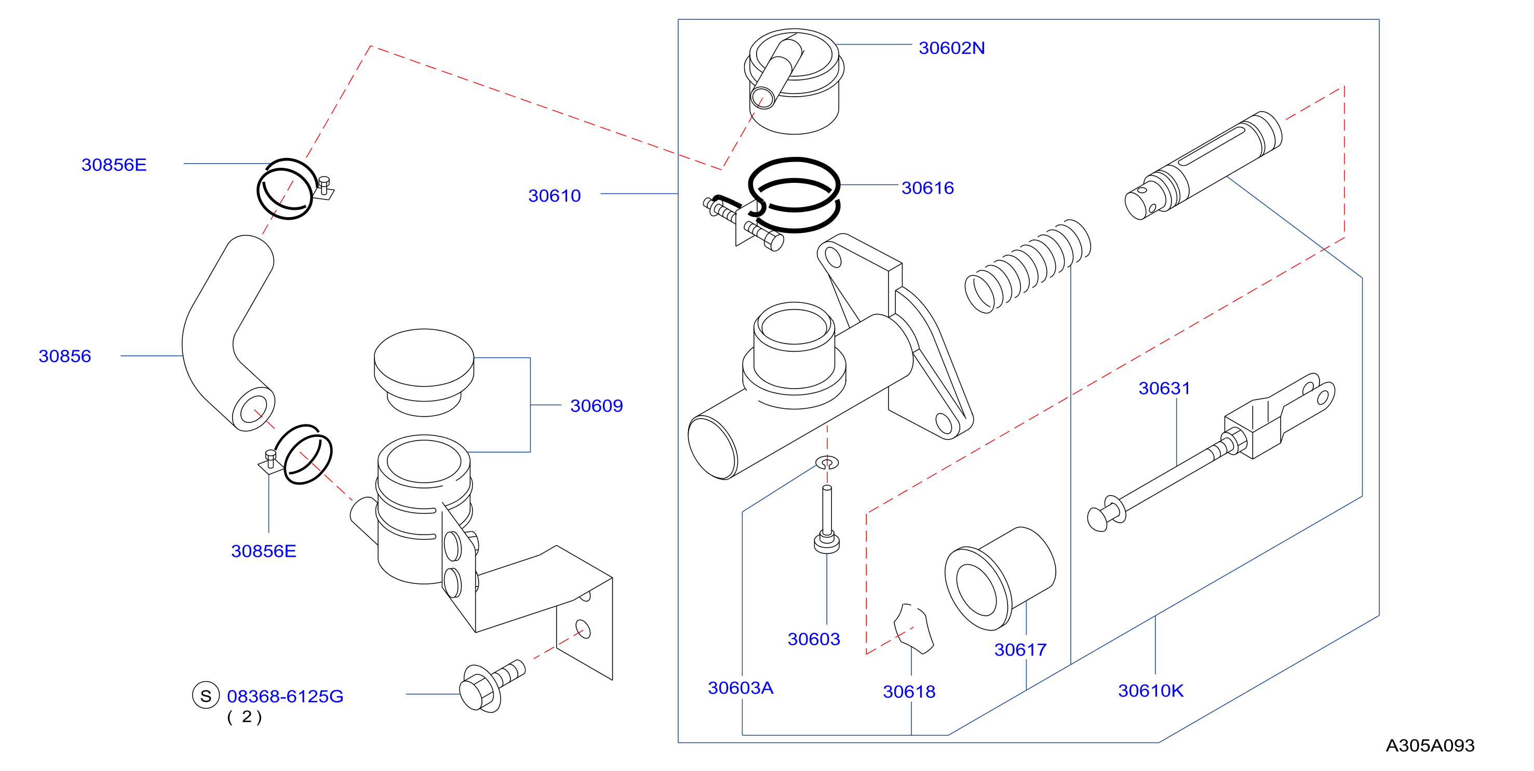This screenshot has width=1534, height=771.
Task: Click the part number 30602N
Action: pos(951,48)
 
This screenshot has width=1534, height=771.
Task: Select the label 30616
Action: pos(927,188)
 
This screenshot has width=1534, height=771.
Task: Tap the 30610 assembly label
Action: pos(555,195)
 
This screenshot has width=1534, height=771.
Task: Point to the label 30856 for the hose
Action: pos(65,356)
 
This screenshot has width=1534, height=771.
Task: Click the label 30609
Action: pos(597,405)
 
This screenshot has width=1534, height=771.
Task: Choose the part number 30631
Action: pos(1164,388)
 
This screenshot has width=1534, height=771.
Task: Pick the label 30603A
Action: pos(740,687)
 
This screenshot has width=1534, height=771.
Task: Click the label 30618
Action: pos(909,691)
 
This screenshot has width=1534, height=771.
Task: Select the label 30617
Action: pos(1020,649)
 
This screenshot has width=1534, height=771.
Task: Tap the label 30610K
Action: pos(1151,690)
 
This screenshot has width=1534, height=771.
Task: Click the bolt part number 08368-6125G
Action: pos(285,696)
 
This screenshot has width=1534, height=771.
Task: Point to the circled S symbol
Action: pos(206,695)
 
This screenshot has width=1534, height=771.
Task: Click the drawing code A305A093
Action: pos(1430,746)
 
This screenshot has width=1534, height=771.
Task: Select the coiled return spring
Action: pos(1028,265)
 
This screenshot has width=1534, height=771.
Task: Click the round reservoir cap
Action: pos(424,373)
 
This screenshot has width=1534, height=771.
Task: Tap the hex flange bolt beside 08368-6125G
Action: pos(492,685)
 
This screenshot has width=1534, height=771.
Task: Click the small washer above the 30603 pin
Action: pos(827,462)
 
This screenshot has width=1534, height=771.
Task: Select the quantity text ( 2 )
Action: pos(244,717)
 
